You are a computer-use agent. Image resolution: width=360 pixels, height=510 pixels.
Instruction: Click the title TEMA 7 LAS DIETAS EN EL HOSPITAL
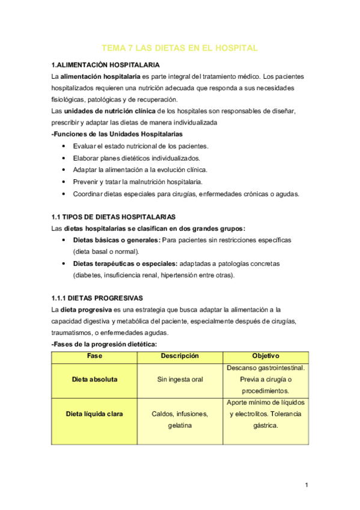coord(180,48)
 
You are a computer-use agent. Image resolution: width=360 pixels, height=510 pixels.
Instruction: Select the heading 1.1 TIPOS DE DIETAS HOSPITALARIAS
coord(112,216)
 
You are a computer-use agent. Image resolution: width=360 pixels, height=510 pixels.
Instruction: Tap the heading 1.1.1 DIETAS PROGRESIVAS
coord(97,298)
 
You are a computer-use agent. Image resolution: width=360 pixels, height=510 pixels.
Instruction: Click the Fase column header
coord(94,355)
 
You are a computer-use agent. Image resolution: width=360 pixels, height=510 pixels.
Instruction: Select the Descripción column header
coord(180,355)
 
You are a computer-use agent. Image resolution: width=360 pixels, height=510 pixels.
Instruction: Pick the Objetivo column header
coord(266,355)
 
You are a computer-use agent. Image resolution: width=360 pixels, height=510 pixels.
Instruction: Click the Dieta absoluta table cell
coord(94,379)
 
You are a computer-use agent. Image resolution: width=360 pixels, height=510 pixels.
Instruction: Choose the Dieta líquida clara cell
coord(94,414)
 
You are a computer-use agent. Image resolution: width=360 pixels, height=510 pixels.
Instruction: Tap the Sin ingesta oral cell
coord(180,379)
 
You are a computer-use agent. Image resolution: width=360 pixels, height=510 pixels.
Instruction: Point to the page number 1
coord(307,485)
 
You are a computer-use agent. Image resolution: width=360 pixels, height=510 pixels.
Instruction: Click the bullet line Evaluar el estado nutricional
coord(141,146)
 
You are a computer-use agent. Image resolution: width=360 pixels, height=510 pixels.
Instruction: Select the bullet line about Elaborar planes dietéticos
coord(136,158)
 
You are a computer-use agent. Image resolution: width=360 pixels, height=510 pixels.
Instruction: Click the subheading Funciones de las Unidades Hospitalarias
coord(117,134)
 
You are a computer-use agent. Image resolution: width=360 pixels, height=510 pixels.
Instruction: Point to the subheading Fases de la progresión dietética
coord(105,345)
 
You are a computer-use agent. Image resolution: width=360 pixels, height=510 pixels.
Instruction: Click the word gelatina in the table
coord(180,425)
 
